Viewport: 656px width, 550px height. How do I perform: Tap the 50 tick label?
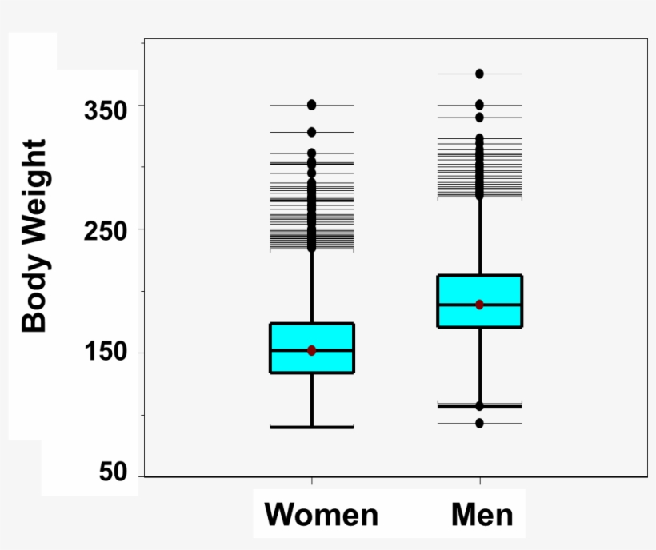[114, 472]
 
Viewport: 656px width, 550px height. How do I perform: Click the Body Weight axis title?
[34, 236]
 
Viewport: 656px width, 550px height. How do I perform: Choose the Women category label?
[321, 514]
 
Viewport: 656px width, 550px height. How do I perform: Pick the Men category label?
[482, 514]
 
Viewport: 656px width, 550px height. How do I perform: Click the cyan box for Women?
[311, 336]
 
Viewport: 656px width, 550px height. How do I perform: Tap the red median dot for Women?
[311, 350]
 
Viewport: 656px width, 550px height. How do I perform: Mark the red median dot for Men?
[479, 305]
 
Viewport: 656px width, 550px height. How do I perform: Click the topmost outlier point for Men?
[479, 74]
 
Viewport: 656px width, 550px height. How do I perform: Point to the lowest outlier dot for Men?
[479, 423]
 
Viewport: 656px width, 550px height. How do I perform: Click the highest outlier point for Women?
[311, 105]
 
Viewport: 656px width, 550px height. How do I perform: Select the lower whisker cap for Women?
[311, 427]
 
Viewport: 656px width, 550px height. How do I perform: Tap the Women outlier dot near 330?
[311, 132]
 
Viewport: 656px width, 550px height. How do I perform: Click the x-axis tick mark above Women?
[311, 480]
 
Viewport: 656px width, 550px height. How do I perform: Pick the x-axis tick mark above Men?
[480, 480]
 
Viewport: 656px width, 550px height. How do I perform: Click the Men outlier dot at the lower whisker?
[479, 406]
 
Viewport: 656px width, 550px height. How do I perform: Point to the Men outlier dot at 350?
[479, 105]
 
